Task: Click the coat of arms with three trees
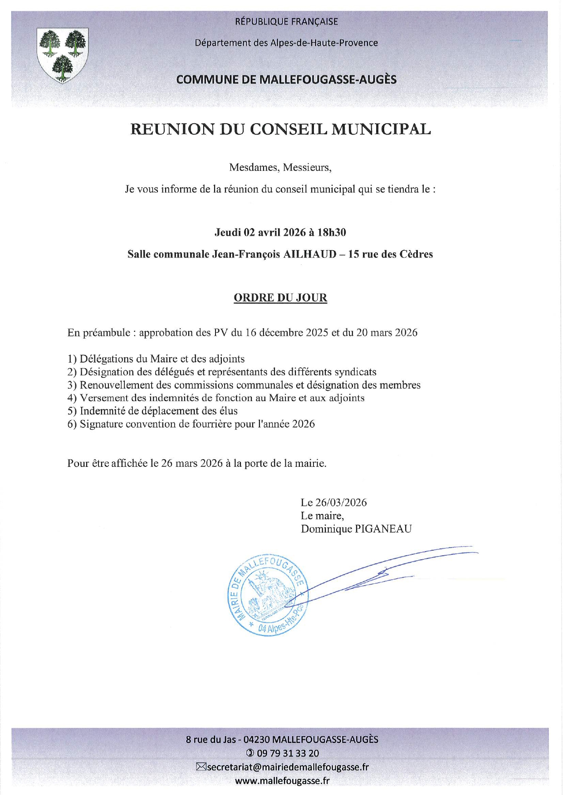63,55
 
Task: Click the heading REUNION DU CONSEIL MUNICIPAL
280,130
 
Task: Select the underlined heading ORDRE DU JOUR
280,298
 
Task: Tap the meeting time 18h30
332,233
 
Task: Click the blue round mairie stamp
267,594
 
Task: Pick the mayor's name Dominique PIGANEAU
356,529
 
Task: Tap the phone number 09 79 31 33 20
288,753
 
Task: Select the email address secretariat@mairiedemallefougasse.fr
288,767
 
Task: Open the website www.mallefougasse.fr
282,781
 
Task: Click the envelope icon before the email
201,767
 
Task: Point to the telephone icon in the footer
250,753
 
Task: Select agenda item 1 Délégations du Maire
156,359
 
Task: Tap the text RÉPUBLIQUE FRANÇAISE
286,22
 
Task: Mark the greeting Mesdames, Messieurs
280,168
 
